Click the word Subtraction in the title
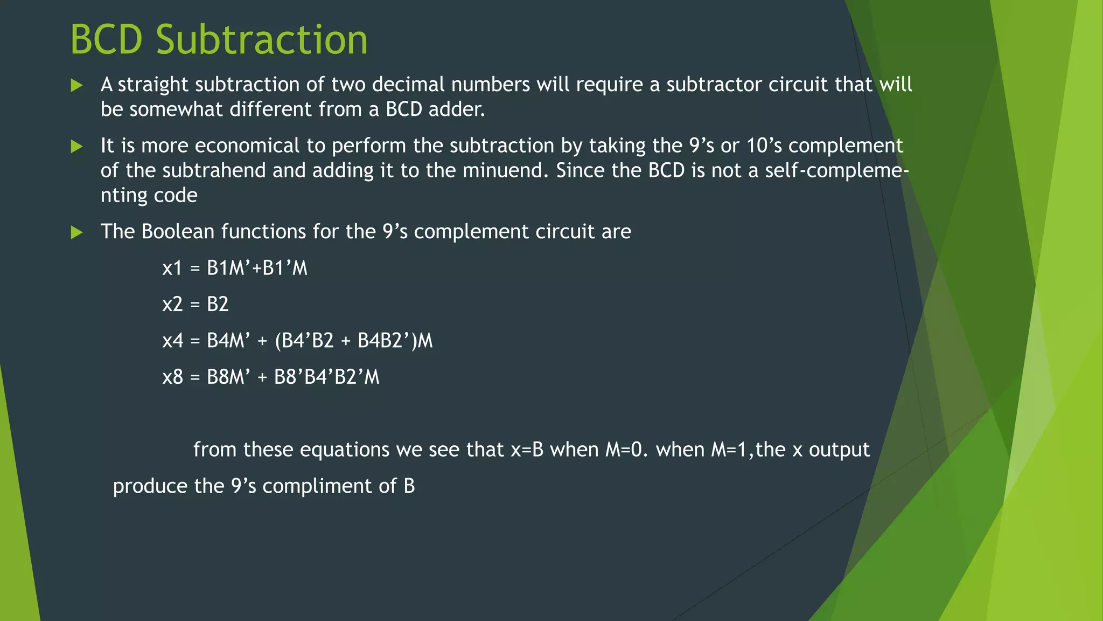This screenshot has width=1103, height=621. pyautogui.click(x=262, y=40)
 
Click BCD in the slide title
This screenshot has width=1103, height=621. pyautogui.click(x=106, y=40)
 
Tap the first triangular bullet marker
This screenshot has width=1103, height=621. pyautogui.click(x=77, y=85)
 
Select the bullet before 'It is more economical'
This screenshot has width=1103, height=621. pyautogui.click(x=77, y=146)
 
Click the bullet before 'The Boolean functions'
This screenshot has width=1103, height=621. pyautogui.click(x=77, y=232)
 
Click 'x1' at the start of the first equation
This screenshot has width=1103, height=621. pyautogui.click(x=172, y=268)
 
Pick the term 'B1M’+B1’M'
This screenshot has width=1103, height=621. pyautogui.click(x=257, y=268)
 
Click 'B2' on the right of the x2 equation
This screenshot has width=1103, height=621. pyautogui.click(x=218, y=304)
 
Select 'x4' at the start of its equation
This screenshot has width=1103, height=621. pyautogui.click(x=172, y=341)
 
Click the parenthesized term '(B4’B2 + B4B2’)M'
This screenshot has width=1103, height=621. pyautogui.click(x=353, y=341)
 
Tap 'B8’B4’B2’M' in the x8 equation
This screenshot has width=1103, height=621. pyautogui.click(x=326, y=377)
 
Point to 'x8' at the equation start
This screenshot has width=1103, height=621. pyautogui.click(x=172, y=377)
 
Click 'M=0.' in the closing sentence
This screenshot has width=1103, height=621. pyautogui.click(x=626, y=450)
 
